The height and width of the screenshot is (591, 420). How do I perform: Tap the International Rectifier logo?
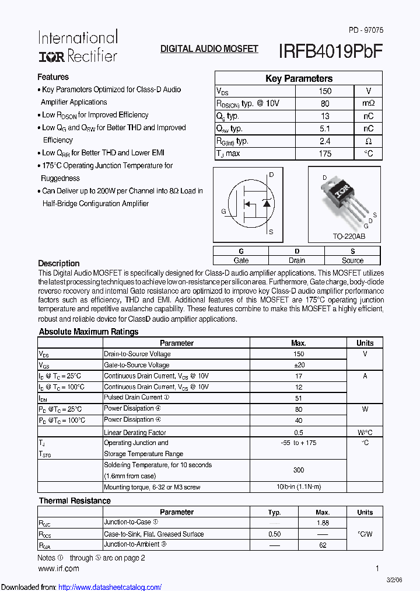coord(78,46)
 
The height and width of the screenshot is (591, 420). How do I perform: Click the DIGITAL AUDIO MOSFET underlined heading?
coord(209,49)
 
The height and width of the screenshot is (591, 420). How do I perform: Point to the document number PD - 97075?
coord(366,30)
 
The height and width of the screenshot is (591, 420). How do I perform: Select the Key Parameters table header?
coord(299,78)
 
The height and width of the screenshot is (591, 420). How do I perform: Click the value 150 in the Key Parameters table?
coord(325,91)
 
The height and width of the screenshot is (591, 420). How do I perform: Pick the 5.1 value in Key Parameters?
coord(325,128)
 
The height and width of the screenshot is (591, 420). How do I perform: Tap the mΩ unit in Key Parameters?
coord(368,103)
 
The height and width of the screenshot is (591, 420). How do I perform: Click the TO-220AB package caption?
coord(349,237)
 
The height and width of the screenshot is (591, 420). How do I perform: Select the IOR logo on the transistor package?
coord(341,189)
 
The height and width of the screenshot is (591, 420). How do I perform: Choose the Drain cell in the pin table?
coord(296,260)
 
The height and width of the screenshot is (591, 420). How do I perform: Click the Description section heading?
coord(59,263)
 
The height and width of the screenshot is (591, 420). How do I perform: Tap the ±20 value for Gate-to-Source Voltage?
coord(299,365)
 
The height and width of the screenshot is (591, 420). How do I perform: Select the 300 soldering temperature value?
coord(299,470)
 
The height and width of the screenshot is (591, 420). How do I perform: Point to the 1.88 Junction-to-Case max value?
coord(322,523)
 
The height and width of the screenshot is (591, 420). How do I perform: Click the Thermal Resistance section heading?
coord(75,501)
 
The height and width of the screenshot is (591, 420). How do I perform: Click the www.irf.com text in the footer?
coord(58,568)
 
